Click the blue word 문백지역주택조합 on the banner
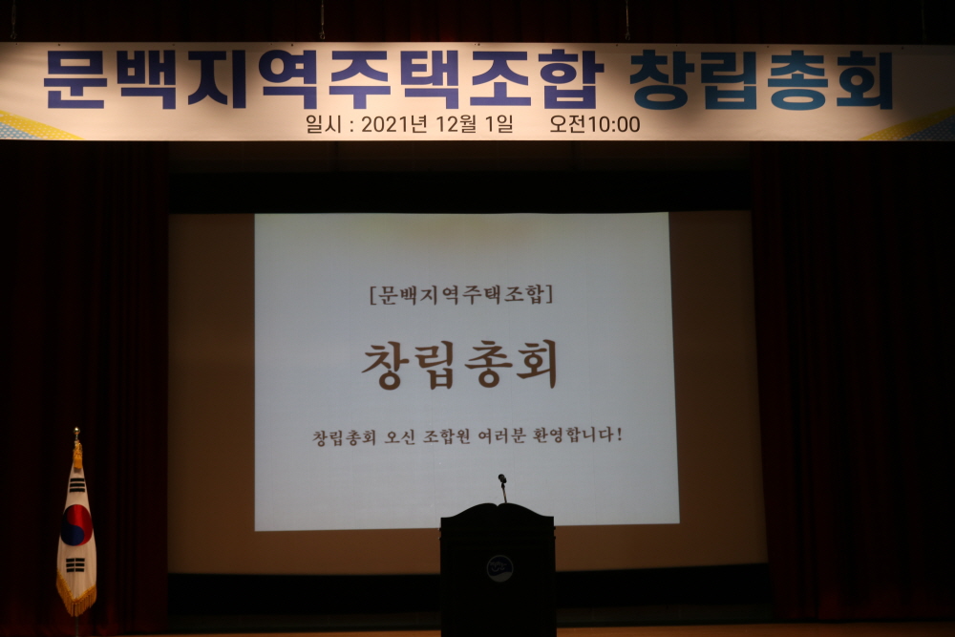point(324,80)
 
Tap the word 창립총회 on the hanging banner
point(761,80)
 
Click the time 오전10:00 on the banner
point(594,124)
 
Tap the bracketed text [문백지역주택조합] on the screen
point(461,295)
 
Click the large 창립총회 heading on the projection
point(460,365)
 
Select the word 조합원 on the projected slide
point(446,437)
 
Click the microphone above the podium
point(502,487)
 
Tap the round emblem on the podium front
point(499,568)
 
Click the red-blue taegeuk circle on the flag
point(76,525)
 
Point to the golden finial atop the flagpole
point(76,433)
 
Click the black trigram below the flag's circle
point(74,565)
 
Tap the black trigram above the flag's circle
point(76,485)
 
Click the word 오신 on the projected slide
point(396,437)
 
